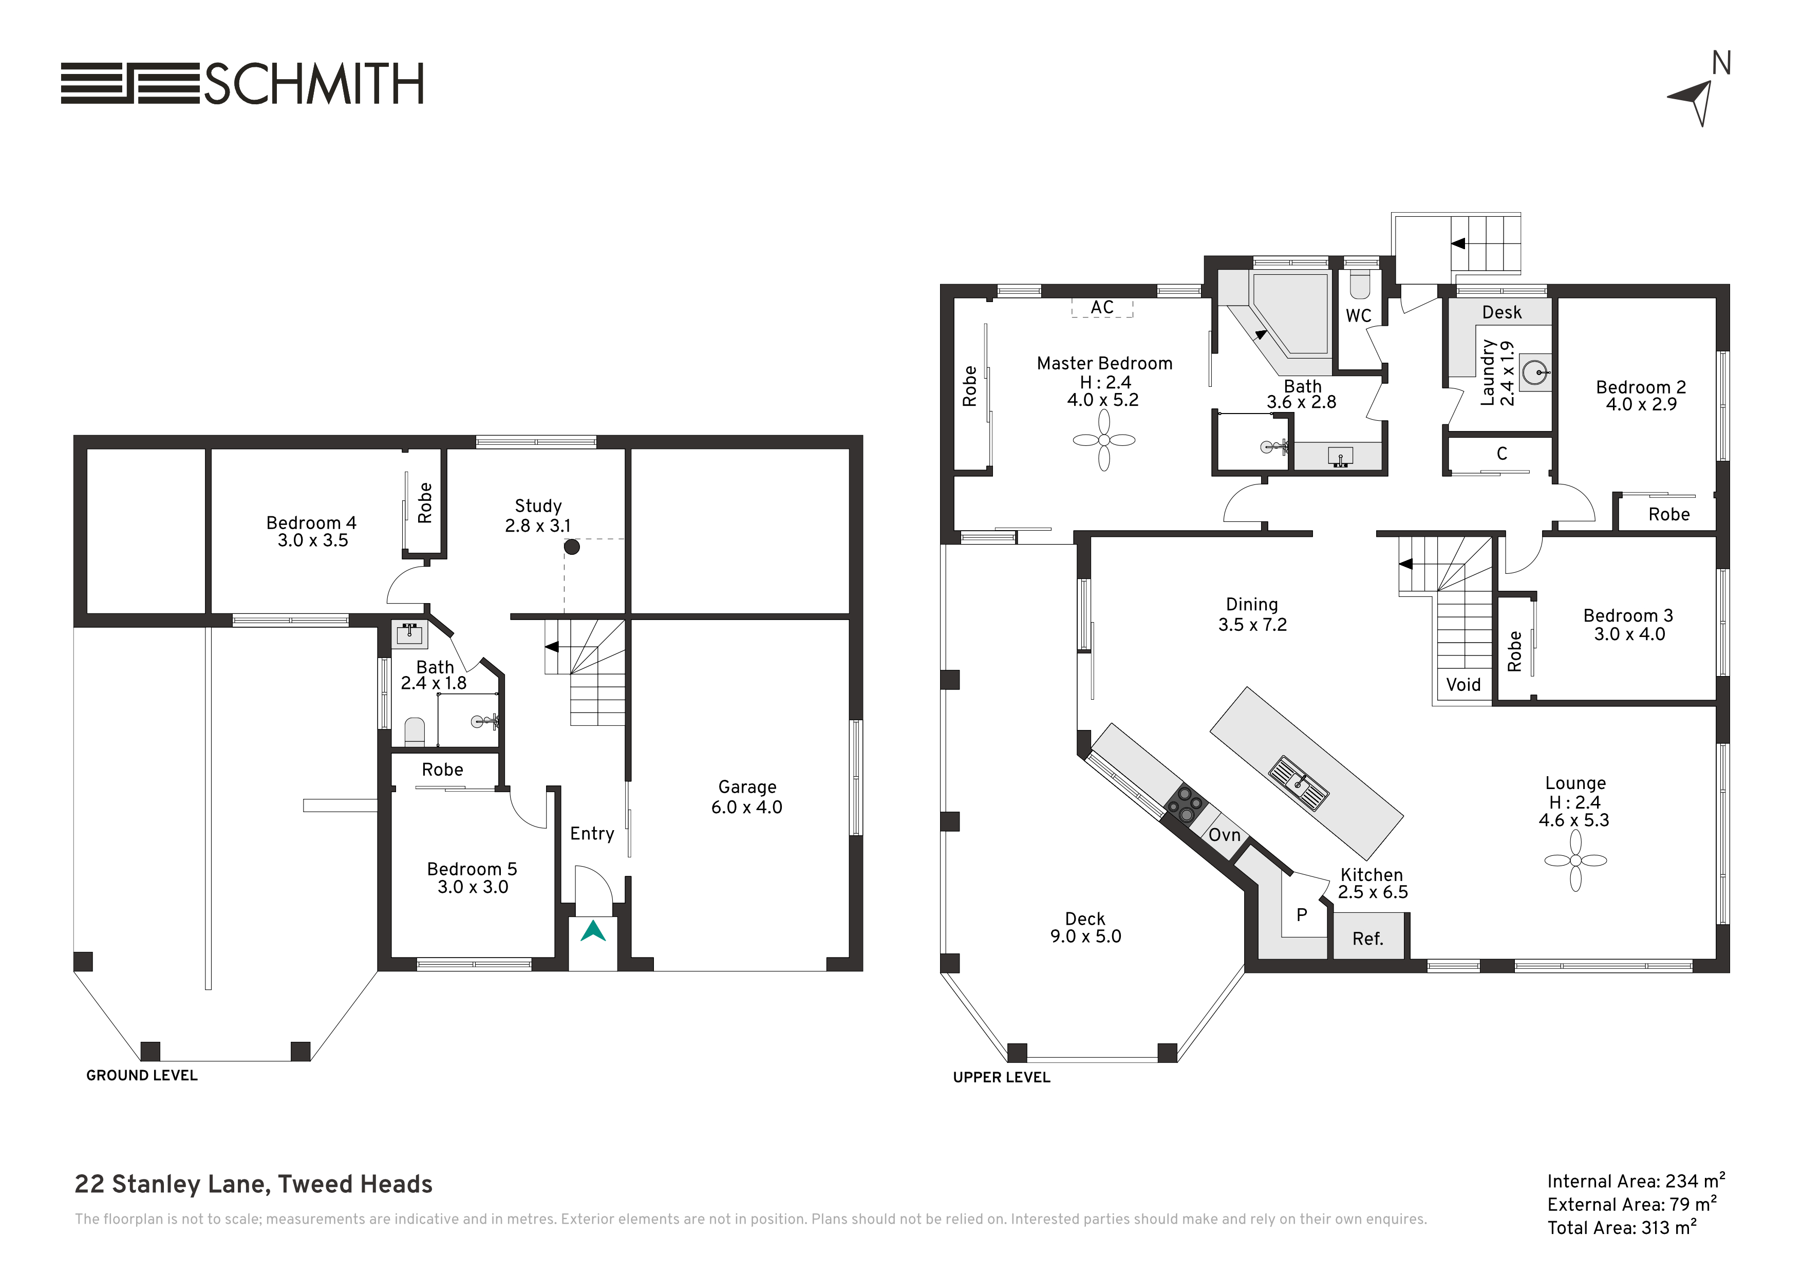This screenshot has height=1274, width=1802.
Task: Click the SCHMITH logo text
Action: [314, 83]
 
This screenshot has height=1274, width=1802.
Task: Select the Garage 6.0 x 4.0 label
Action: [747, 797]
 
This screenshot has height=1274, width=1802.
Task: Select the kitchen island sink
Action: [1300, 782]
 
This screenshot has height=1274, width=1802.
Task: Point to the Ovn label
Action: [1224, 834]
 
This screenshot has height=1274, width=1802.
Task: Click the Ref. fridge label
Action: [1368, 939]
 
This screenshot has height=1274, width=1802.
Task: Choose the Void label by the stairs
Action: [1463, 684]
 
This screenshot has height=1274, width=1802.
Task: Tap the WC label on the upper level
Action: [1359, 315]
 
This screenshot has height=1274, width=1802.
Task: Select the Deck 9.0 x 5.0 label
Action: [1085, 927]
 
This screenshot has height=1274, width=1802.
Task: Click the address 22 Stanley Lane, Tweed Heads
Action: [254, 1184]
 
